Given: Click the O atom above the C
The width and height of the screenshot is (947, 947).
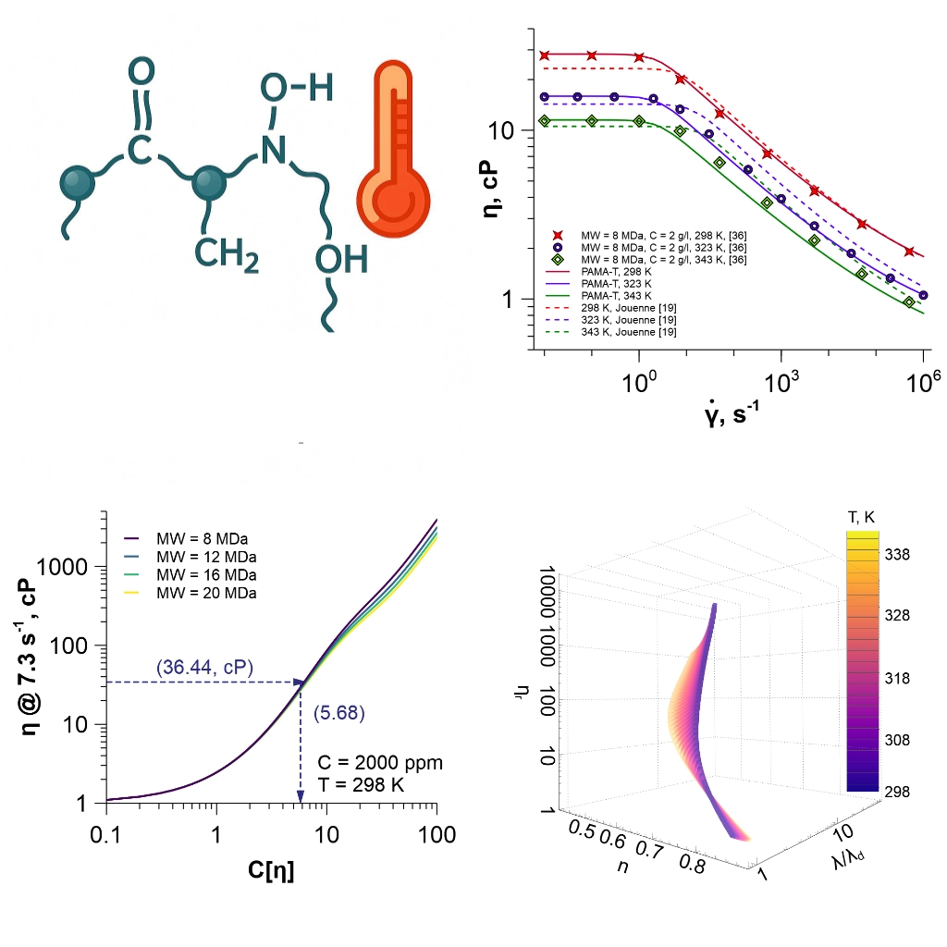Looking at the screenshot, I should click(x=141, y=71).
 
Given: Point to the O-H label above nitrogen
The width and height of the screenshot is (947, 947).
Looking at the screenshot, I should click(x=296, y=88).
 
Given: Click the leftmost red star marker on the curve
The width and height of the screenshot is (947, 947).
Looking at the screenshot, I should click(x=545, y=55).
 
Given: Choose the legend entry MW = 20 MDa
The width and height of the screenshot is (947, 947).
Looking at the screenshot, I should click(x=207, y=592).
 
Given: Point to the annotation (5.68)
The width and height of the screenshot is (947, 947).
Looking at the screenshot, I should click(x=339, y=712).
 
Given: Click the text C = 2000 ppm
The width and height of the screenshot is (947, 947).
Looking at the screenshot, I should click(x=380, y=764).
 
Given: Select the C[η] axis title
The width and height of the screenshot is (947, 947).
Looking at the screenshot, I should click(x=266, y=870).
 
